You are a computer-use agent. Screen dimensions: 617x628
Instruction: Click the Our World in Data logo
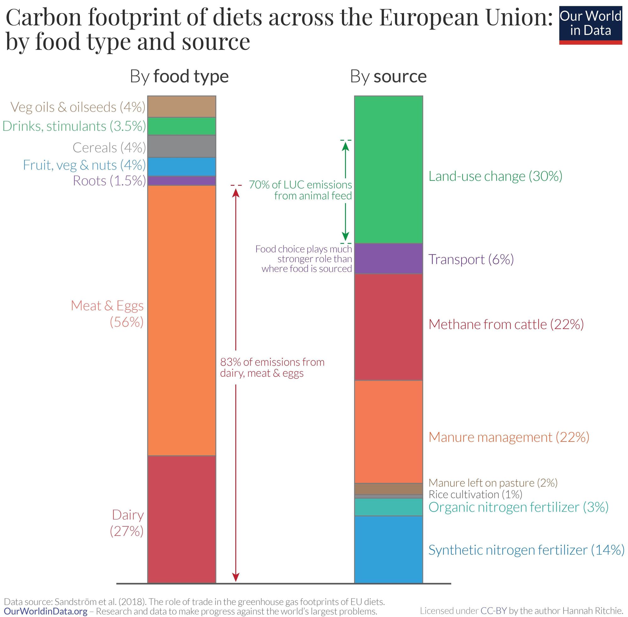(590, 25)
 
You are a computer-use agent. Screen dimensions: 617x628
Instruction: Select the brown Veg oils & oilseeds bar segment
(181, 106)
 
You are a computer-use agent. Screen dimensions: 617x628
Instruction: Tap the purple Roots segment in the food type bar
(181, 181)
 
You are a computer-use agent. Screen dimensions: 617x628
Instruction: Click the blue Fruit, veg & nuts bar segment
(181, 166)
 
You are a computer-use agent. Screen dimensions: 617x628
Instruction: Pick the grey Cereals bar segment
(181, 146)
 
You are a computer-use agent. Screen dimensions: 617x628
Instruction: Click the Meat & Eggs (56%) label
(108, 314)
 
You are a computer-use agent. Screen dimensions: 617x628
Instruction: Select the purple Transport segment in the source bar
(388, 259)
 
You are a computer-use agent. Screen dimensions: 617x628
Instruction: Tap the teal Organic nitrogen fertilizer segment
(388, 507)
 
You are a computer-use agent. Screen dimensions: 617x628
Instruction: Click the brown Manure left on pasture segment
(388, 489)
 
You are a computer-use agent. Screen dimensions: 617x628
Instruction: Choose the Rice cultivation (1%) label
(475, 495)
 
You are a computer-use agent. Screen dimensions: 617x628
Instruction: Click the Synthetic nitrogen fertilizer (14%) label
(526, 550)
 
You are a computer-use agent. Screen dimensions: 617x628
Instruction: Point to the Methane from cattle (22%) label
(506, 324)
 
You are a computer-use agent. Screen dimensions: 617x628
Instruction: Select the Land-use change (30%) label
(495, 176)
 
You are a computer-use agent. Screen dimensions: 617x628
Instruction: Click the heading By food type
(179, 77)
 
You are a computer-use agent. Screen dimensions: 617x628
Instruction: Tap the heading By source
(388, 77)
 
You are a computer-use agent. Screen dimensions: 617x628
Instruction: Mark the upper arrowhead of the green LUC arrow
(345, 146)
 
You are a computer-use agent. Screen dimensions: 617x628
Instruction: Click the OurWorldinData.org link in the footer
(46, 611)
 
